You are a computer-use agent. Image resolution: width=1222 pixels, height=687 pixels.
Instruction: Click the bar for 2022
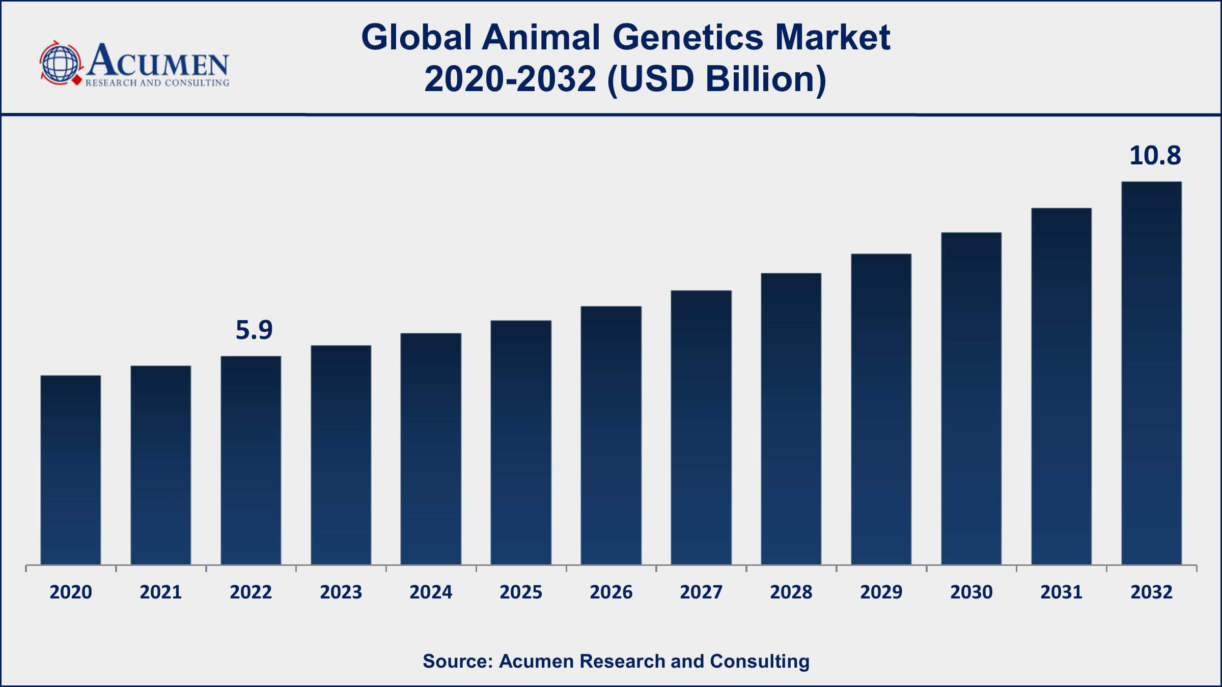pyautogui.click(x=251, y=460)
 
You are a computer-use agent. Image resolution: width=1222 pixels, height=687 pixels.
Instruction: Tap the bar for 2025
pyautogui.click(x=521, y=442)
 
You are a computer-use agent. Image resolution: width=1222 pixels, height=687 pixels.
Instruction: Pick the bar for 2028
pyautogui.click(x=791, y=418)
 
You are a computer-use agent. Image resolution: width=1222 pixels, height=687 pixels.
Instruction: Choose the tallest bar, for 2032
pyautogui.click(x=1151, y=373)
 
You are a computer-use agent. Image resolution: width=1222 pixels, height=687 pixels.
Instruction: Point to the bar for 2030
pyautogui.click(x=971, y=398)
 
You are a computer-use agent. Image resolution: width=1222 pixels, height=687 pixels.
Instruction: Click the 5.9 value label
pyautogui.click(x=254, y=330)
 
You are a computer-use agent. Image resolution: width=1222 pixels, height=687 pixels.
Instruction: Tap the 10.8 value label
pyautogui.click(x=1155, y=155)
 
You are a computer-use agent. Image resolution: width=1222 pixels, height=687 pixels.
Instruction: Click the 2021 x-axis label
pyautogui.click(x=161, y=592)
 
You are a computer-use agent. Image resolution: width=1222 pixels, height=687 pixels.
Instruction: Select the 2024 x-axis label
pyautogui.click(x=431, y=592)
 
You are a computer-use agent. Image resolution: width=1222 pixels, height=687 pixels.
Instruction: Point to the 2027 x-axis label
pyautogui.click(x=701, y=592)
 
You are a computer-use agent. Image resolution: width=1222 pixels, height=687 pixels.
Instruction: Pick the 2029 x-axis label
pyautogui.click(x=881, y=592)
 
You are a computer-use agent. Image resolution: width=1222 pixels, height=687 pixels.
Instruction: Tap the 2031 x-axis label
pyautogui.click(x=1061, y=592)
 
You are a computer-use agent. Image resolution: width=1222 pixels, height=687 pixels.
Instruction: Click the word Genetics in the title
pyautogui.click(x=687, y=37)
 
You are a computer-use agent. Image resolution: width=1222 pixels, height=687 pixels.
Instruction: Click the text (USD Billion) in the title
pyautogui.click(x=716, y=79)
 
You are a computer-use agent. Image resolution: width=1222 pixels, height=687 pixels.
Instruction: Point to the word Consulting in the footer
pyautogui.click(x=760, y=661)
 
